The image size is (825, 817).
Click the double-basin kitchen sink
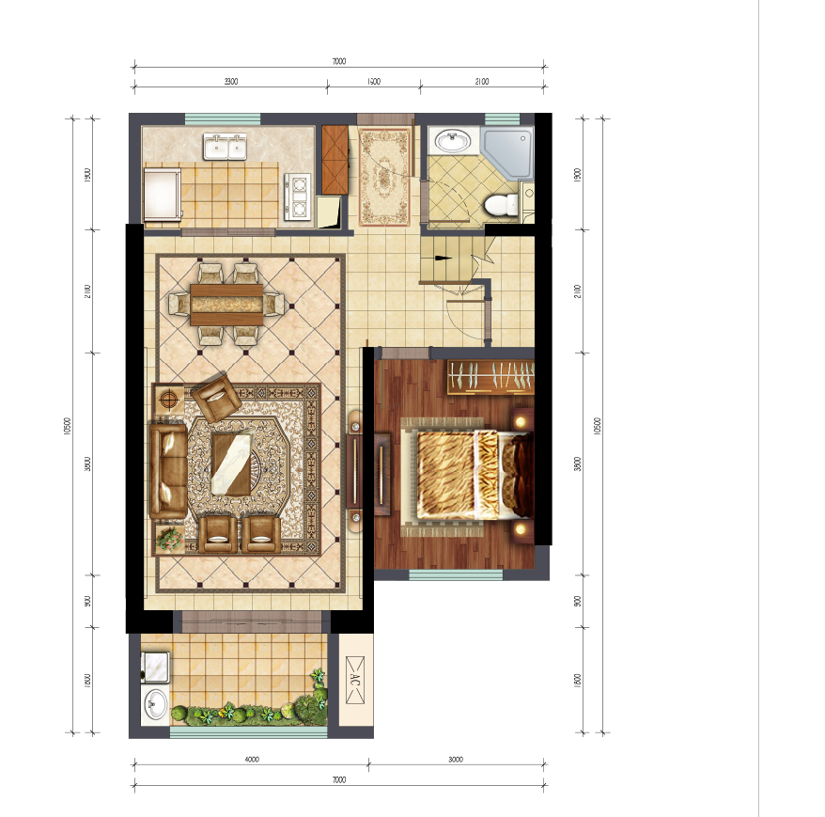[x=225, y=147]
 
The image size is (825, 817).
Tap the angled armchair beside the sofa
[x=216, y=398]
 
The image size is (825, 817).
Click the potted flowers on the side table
[x=169, y=539]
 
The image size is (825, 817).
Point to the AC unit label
[x=356, y=683]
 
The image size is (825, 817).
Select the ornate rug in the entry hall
[x=383, y=176]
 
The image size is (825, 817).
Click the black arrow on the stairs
[x=442, y=257]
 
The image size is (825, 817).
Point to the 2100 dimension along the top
[x=481, y=82]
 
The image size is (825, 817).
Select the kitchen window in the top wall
[x=222, y=118]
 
